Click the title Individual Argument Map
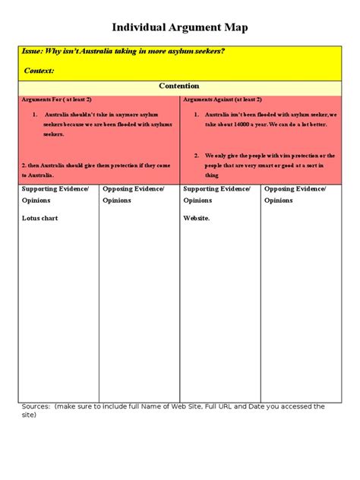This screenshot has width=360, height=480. (x=180, y=28)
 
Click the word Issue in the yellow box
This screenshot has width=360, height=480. (x=32, y=52)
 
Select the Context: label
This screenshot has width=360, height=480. (x=39, y=71)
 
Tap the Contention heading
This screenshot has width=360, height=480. (x=179, y=87)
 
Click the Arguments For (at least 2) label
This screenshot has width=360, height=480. (x=52, y=99)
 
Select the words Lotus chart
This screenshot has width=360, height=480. (x=41, y=218)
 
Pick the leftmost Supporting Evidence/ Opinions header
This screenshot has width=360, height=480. (x=55, y=194)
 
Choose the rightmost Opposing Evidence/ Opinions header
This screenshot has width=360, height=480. (x=295, y=194)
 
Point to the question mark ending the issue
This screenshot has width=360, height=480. (x=223, y=52)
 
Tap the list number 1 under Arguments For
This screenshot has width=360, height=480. (x=35, y=114)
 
